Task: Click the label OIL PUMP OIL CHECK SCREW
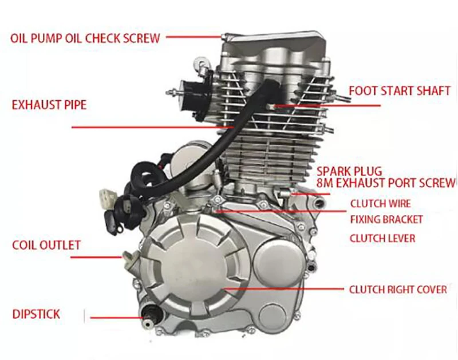point(85,38)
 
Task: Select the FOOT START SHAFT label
point(399,90)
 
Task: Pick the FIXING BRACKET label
point(386,219)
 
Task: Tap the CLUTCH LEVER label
point(382,238)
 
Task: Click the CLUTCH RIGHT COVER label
point(398,290)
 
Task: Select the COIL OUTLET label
point(46,246)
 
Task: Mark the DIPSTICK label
point(36,314)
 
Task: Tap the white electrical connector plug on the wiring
point(105,198)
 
